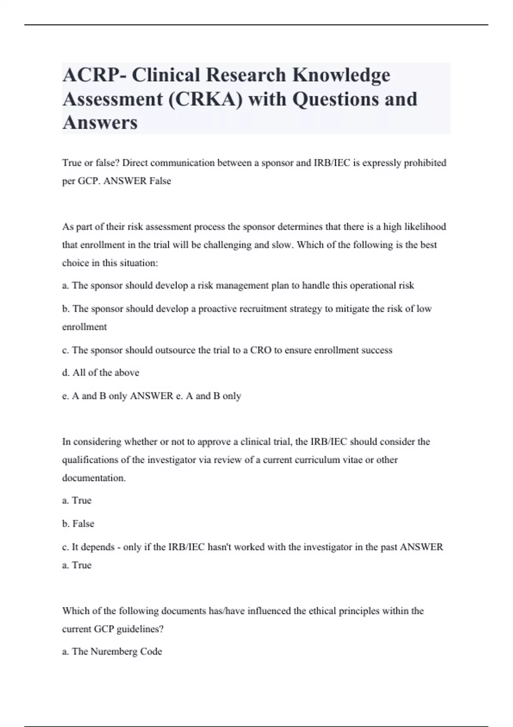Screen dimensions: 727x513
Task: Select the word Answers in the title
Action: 100,123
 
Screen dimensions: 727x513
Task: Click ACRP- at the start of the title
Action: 94,75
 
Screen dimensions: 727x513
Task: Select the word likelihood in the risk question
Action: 423,227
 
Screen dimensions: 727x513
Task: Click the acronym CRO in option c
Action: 261,350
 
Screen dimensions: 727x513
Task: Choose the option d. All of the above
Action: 100,373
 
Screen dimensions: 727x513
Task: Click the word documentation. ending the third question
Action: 94,478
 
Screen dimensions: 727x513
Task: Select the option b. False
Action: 78,524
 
